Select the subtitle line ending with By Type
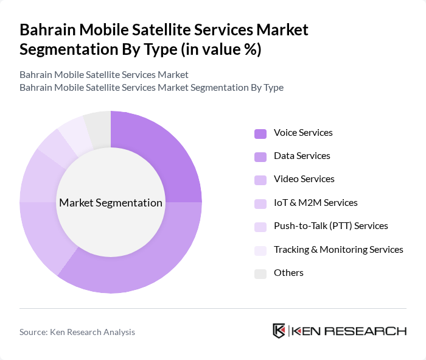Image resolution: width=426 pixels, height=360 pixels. click(152, 87)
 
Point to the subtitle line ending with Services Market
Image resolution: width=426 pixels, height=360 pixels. click(104, 74)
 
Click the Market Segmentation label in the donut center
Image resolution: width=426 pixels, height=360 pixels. click(111, 203)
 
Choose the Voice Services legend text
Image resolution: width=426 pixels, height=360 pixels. click(303, 133)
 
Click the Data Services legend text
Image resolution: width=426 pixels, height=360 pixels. click(302, 156)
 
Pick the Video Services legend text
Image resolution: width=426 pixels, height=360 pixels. click(304, 179)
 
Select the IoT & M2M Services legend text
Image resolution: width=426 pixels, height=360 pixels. click(315, 203)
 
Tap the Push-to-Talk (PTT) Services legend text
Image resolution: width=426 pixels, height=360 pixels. click(330, 226)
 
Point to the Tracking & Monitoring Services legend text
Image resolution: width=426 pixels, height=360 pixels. click(338, 250)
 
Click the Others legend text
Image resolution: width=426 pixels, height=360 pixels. click(288, 273)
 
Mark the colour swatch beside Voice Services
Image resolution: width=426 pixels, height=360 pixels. click(260, 133)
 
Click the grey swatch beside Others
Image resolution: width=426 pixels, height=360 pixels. click(260, 274)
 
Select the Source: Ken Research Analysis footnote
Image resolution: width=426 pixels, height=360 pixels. click(77, 332)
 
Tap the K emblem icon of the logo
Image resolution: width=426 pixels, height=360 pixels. click(279, 331)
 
